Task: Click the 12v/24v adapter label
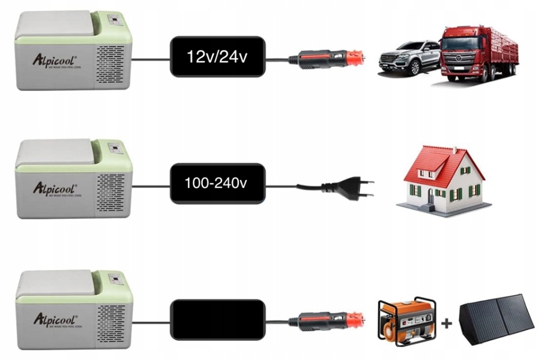click(217, 58)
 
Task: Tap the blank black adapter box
click(217, 319)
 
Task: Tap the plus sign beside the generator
click(446, 324)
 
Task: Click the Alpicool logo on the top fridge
click(55, 59)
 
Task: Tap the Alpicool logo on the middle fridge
click(55, 187)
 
